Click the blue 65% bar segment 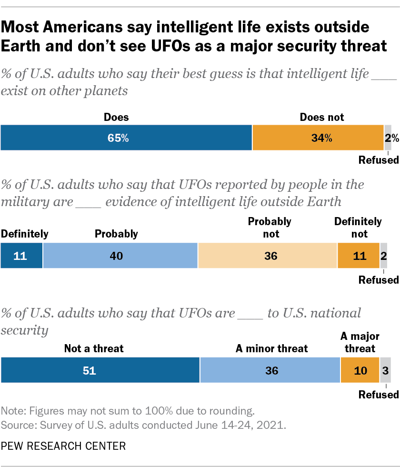(x=126, y=138)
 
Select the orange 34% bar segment (x=318, y=138)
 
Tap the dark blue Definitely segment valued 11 (x=21, y=256)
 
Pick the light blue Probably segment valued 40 (x=120, y=256)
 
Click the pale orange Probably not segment (x=267, y=256)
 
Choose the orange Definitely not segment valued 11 (x=358, y=256)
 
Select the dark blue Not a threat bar (x=100, y=370)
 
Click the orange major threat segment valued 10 (x=360, y=370)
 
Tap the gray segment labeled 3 (x=385, y=370)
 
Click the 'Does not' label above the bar (x=321, y=117)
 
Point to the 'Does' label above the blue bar (x=116, y=117)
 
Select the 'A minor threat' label (x=272, y=348)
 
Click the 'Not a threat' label (x=94, y=348)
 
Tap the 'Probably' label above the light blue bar (x=116, y=234)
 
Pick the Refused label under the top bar (x=379, y=160)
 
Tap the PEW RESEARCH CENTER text (x=63, y=446)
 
